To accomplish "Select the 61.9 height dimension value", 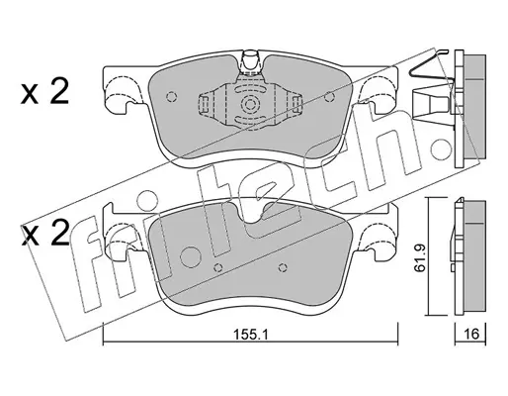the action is [420, 258].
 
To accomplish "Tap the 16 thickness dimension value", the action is [472, 334].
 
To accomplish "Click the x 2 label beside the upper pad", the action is [45, 92].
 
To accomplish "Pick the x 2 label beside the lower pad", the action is [45, 233].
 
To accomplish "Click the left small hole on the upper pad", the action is [171, 96].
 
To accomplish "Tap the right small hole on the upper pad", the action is [329, 96].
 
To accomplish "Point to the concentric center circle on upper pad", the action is [250, 105].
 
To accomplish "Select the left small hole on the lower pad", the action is [217, 267].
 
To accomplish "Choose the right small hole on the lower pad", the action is [283, 267].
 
